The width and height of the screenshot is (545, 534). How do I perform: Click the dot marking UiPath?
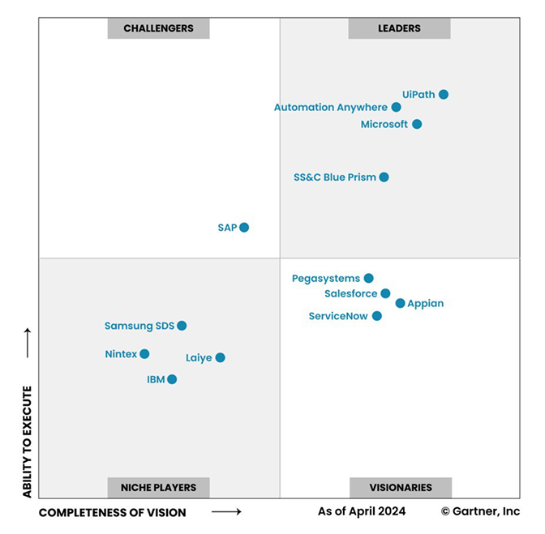point(444,95)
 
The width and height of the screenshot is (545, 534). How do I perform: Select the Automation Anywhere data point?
point(396,107)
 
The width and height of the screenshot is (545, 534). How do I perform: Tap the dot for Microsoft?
point(417,124)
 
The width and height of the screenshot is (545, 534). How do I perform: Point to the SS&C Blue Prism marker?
point(384,177)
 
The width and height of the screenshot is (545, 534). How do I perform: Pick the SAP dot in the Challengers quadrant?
point(244,228)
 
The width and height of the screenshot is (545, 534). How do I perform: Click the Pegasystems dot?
point(368,278)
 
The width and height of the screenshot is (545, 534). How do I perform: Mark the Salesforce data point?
point(385,293)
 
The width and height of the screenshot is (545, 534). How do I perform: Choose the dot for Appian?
point(400,303)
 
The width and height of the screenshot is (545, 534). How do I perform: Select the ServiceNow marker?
point(377,316)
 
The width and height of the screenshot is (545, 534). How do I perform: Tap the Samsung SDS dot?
point(182,326)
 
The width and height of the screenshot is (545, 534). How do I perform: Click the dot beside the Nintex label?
point(144,354)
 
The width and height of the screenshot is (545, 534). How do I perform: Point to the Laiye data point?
point(220,357)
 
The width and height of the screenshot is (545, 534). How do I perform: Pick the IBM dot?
point(172,379)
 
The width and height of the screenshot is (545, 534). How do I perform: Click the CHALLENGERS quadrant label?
point(159,28)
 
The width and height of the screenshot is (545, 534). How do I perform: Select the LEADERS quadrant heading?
point(399,28)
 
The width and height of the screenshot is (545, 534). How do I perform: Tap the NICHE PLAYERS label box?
point(159,488)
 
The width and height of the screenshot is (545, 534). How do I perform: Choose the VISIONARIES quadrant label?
point(399,488)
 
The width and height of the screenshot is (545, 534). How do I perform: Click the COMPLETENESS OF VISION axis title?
point(113,512)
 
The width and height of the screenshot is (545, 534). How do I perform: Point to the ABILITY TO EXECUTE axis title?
point(27,442)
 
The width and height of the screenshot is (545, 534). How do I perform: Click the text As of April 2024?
point(362,511)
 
